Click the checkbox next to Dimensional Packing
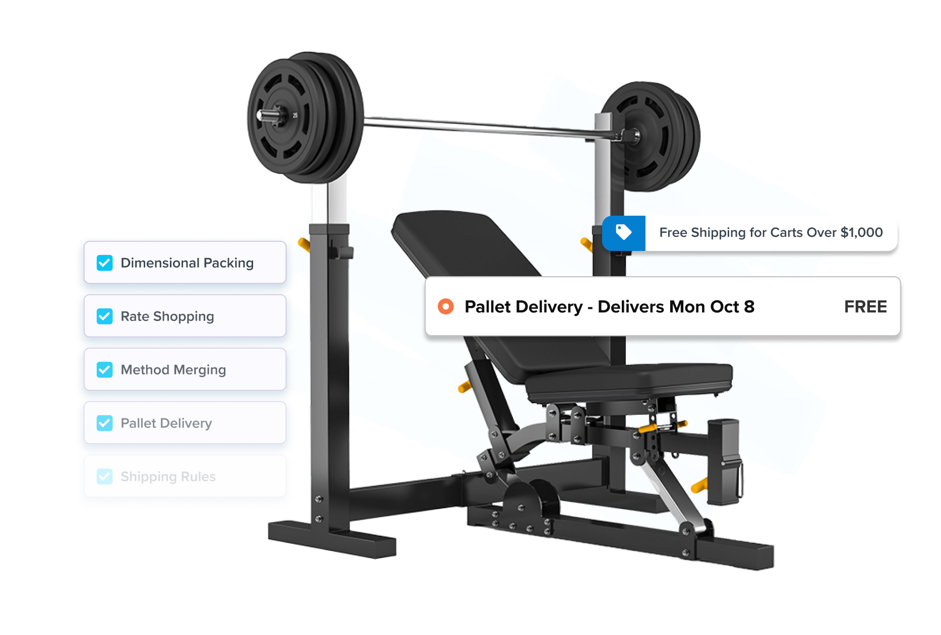click(104, 263)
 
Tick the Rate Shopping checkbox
click(104, 316)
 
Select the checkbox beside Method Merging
click(104, 370)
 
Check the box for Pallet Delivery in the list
click(104, 423)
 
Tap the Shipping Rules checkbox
click(104, 477)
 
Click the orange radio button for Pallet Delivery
click(446, 306)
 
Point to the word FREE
click(865, 306)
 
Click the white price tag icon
click(624, 232)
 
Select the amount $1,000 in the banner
click(861, 232)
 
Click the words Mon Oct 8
click(712, 306)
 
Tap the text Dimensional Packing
click(187, 263)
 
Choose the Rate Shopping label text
click(167, 316)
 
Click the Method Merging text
click(173, 370)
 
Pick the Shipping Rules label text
click(168, 477)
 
